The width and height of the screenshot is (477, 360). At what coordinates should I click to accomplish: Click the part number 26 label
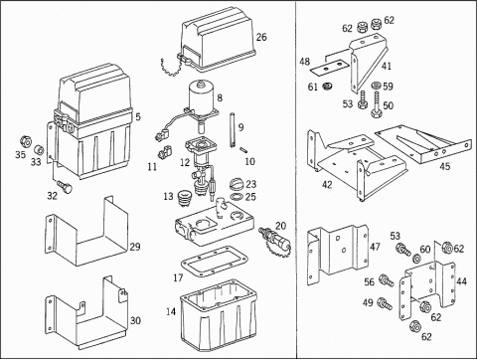click(261, 37)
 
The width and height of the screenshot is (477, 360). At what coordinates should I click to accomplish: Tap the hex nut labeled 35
click(25, 142)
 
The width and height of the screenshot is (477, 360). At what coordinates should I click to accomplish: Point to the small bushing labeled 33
click(39, 150)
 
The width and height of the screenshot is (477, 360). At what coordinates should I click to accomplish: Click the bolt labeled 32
click(64, 186)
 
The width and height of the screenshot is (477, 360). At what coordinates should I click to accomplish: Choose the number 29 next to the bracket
click(135, 247)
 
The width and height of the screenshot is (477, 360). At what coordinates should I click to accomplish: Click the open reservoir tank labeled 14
click(219, 316)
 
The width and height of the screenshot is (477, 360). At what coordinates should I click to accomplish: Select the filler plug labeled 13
click(185, 197)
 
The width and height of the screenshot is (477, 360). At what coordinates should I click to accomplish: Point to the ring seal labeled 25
click(237, 197)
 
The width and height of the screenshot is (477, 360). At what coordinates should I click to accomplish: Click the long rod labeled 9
click(232, 129)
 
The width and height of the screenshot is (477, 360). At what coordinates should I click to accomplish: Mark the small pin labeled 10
click(245, 150)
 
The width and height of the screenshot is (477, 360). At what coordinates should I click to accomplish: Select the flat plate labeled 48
click(330, 68)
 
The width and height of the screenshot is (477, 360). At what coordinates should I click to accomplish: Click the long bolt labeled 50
click(377, 104)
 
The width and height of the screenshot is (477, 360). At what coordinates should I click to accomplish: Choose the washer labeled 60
click(415, 258)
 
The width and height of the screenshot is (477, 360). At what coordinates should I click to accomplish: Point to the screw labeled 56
click(387, 280)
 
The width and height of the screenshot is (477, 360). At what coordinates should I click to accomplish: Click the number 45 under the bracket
click(445, 166)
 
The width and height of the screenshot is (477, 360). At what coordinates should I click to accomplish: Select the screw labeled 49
click(385, 303)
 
